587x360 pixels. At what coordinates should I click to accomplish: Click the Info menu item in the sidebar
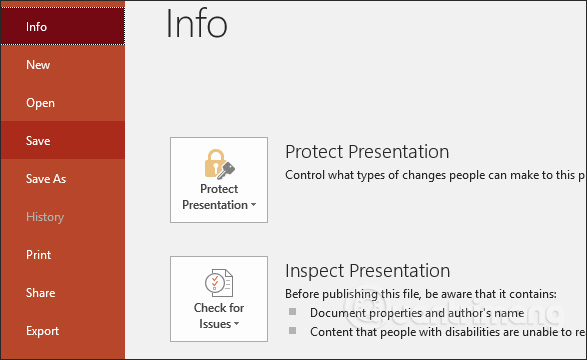(37, 27)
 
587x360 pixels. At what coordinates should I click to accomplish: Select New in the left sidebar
(38, 65)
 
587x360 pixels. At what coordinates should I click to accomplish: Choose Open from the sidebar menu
(40, 103)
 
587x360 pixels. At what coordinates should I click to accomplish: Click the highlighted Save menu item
(38, 141)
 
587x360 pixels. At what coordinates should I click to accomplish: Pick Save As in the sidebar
(46, 179)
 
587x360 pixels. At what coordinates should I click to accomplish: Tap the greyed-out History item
(45, 217)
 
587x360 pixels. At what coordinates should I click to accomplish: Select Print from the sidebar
(38, 255)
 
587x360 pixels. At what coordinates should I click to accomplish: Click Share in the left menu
(40, 293)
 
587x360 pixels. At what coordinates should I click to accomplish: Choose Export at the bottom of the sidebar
(42, 331)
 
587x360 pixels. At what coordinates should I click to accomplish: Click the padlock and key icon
(218, 163)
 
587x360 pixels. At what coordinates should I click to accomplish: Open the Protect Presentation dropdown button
(219, 197)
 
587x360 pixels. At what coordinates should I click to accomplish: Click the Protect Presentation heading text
(367, 152)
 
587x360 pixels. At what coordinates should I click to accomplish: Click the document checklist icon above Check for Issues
(218, 283)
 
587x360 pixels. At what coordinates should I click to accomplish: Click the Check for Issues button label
(219, 316)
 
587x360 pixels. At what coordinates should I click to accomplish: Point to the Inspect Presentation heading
(367, 271)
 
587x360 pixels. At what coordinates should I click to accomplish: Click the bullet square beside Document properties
(293, 312)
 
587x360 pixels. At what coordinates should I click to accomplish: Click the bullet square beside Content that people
(293, 329)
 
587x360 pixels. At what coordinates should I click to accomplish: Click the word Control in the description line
(307, 174)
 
